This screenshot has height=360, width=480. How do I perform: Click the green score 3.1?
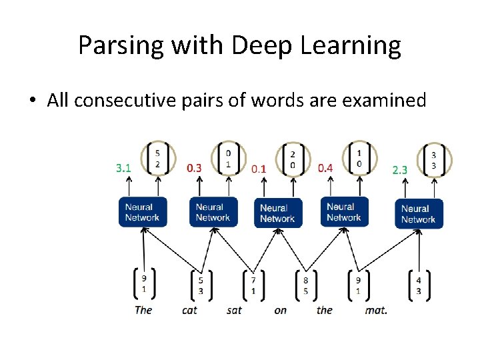123,169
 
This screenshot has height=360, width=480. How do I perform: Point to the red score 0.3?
194,169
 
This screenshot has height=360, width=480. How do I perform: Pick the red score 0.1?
259,169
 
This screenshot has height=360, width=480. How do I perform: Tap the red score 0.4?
325,167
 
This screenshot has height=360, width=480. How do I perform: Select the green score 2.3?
399,171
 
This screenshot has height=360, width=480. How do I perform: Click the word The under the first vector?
143,310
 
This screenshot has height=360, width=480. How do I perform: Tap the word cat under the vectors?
190,310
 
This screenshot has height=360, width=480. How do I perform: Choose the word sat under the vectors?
233,310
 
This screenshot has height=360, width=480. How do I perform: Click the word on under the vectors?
280,310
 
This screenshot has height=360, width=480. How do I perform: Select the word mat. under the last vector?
376,310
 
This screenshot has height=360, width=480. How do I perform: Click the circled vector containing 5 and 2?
157,158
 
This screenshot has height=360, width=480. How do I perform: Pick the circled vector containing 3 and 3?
433,160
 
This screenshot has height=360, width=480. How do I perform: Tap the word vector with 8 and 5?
305,285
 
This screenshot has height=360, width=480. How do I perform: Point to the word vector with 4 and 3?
418,285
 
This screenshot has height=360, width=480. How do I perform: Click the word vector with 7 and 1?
253,285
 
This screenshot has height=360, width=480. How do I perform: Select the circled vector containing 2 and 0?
293,159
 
